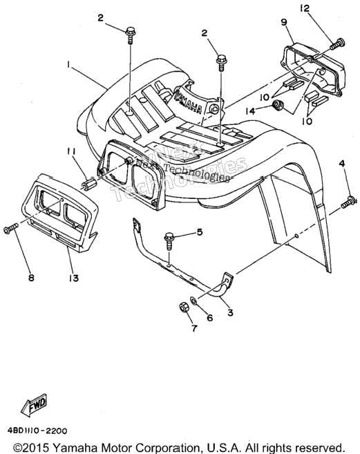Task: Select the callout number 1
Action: click(x=68, y=65)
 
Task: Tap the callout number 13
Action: click(x=74, y=278)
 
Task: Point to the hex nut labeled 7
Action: click(x=184, y=308)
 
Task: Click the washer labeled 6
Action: click(x=193, y=299)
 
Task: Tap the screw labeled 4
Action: click(x=349, y=202)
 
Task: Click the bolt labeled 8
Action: click(x=11, y=228)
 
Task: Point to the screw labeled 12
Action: click(x=338, y=44)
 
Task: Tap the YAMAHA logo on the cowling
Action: click(x=188, y=102)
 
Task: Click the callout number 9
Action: click(x=283, y=22)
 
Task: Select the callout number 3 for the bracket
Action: click(x=230, y=312)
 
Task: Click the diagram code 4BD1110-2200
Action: click(x=35, y=431)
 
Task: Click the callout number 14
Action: click(x=251, y=111)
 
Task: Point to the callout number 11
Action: click(x=71, y=151)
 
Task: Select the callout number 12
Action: click(x=305, y=8)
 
